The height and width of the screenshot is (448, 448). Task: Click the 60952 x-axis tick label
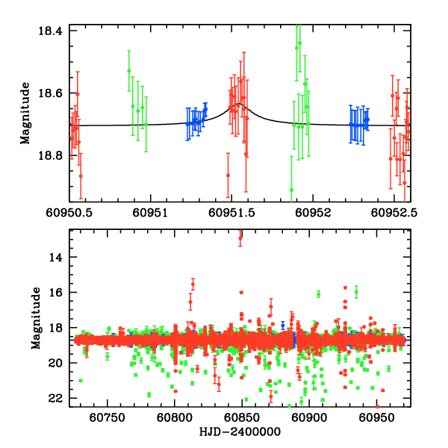coord(314,213)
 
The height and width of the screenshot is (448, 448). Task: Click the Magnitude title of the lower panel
coord(36,318)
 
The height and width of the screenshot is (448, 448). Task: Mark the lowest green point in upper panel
coord(291,190)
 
